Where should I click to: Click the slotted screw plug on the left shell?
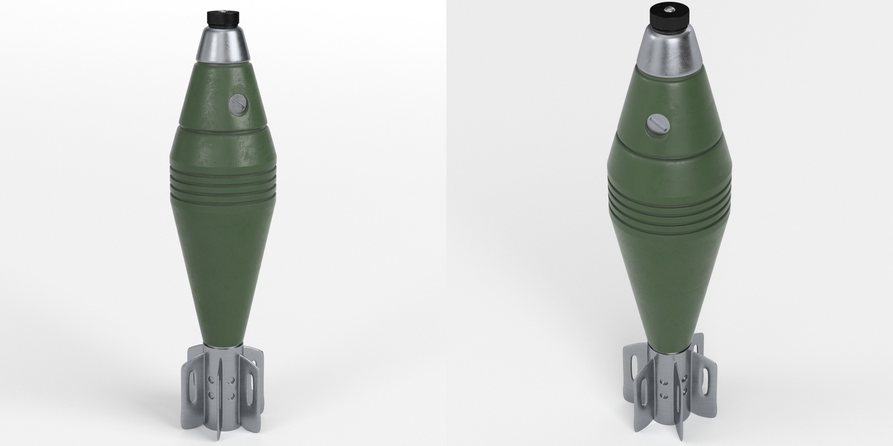(x=238, y=104)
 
